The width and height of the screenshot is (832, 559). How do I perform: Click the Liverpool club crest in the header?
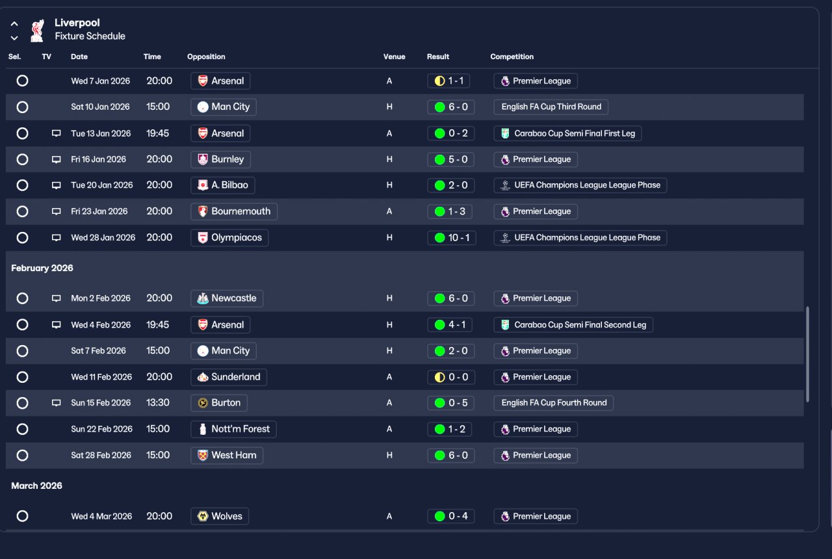(37, 31)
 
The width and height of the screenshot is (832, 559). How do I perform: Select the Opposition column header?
(206, 57)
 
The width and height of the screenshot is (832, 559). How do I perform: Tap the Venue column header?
(394, 57)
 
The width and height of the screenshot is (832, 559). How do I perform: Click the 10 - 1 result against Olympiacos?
(452, 238)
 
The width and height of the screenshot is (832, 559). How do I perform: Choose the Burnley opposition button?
(220, 159)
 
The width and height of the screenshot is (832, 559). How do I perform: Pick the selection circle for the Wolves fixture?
(22, 516)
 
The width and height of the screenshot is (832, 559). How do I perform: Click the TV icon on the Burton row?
(56, 402)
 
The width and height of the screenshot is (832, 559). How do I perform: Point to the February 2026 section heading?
(42, 268)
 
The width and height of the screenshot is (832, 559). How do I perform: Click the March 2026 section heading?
(37, 486)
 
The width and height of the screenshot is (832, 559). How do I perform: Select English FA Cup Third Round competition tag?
(551, 107)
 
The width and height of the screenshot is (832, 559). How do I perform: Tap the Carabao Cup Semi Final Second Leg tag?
(573, 325)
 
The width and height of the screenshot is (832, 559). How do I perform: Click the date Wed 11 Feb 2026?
(101, 377)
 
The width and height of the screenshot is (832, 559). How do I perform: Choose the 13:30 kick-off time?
(158, 402)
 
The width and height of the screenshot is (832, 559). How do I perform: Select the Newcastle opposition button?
(227, 298)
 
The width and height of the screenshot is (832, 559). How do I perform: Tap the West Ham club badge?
(203, 456)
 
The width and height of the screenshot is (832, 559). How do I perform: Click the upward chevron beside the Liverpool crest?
(14, 24)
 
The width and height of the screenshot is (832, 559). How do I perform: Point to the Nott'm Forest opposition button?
(233, 430)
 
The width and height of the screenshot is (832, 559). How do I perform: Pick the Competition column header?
(512, 57)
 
